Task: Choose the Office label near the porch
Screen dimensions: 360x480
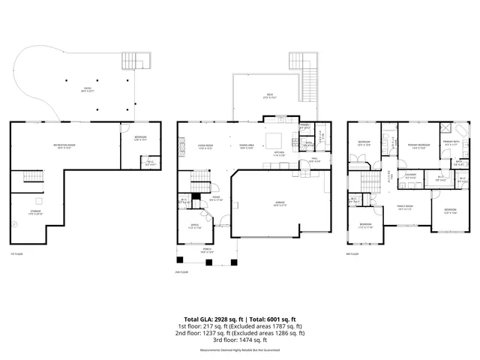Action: point(193,226)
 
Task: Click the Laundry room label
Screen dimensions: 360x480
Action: point(410,176)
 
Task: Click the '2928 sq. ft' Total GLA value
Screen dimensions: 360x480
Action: point(230,319)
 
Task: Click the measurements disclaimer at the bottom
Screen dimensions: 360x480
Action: point(239,350)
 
